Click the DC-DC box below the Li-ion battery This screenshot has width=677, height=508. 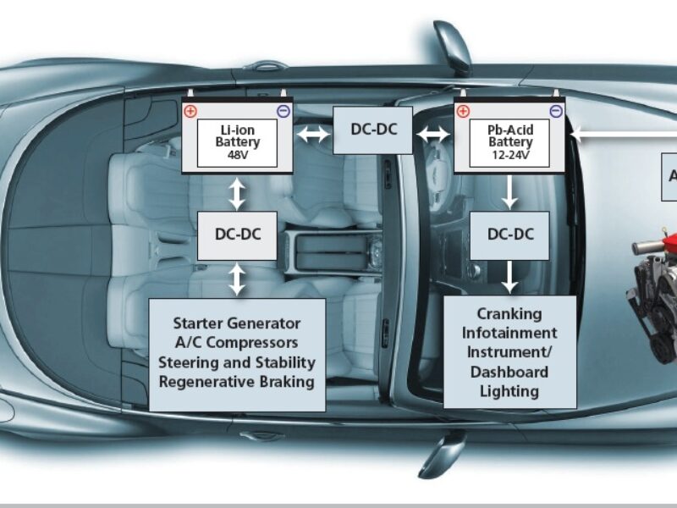coord(237,235)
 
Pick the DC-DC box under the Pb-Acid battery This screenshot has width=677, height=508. coord(509,234)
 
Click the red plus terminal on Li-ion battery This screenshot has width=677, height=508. coord(190,111)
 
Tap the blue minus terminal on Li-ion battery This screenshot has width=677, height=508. coord(283,111)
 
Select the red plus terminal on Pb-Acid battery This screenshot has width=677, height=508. coord(462,111)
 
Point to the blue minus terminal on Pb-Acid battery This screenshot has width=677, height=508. coord(556,111)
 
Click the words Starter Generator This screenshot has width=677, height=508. coord(237,323)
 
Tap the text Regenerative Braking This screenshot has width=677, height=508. coord(237,381)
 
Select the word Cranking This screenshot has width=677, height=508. coord(509,313)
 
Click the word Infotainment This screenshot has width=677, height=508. coord(509,333)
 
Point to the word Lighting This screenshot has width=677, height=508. coord(509,391)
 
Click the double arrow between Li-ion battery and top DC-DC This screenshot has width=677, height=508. coord(313,132)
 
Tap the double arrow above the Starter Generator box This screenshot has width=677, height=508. coord(237,279)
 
